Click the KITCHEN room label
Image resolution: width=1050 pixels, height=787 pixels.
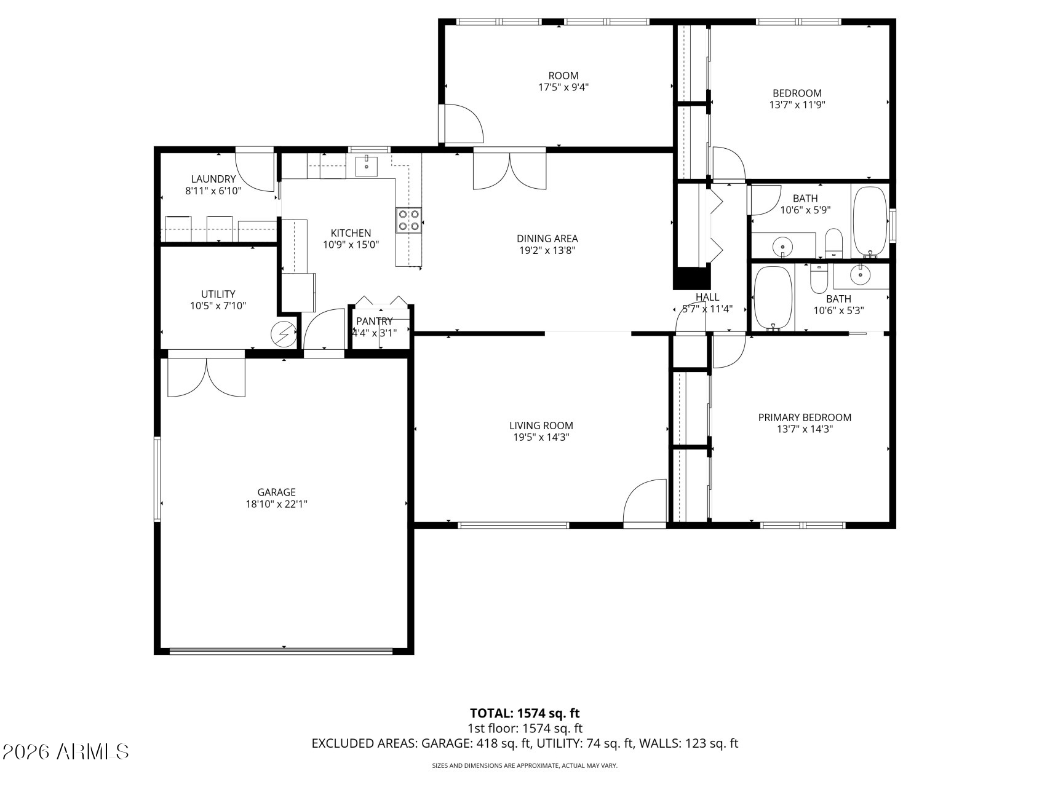[351, 233]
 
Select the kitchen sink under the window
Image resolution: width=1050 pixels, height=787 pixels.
[367, 164]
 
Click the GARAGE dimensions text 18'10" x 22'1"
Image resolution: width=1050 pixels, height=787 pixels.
[276, 504]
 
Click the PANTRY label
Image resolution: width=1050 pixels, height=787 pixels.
[374, 321]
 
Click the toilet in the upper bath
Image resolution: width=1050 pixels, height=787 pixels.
[833, 242]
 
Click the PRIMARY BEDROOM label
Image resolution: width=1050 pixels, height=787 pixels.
[805, 417]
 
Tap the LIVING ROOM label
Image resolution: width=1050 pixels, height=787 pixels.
[541, 425]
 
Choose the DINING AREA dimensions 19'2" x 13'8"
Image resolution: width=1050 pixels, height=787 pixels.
[547, 250]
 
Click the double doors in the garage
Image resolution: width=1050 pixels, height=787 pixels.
[207, 377]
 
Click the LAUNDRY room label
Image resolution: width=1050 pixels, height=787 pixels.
[213, 179]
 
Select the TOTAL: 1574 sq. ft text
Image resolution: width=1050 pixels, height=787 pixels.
[525, 713]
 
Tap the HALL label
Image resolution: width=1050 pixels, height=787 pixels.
[707, 297]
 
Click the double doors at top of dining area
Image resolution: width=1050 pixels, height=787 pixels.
[509, 169]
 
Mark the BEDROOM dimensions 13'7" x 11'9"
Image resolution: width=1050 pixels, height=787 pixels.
[797, 105]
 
